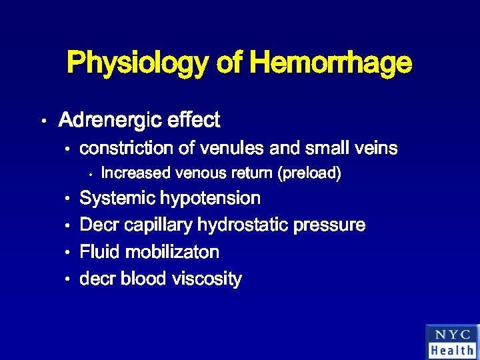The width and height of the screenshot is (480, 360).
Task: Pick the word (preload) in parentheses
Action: coord(310,174)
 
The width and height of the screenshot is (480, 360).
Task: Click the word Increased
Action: coord(135,174)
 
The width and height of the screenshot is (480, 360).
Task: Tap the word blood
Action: coord(143,279)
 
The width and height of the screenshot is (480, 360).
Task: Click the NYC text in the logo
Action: coord(452,335)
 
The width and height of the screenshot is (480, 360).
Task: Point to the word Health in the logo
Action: coord(452,350)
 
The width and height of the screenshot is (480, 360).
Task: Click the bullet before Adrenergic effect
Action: coord(42,122)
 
